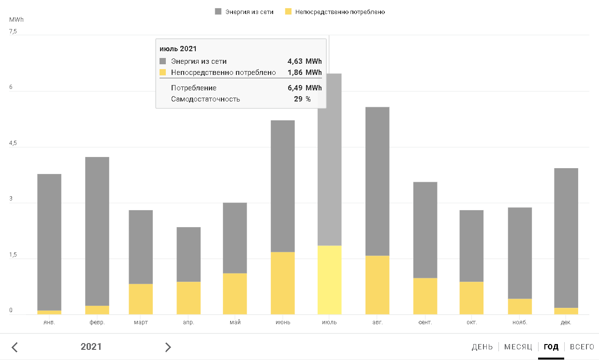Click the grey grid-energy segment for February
pos(97,231)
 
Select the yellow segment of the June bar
pos(283,283)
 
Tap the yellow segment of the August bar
pos(378,285)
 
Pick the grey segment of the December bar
pos(566,238)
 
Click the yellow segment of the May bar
pos(235,294)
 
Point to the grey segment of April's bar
pos(189,254)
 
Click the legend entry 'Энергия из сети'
pos(244,12)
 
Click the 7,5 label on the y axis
pos(13,31)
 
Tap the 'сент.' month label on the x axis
pos(425,322)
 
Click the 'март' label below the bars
pos(141,322)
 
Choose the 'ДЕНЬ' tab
pos(482,347)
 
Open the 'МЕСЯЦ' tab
pos(519,347)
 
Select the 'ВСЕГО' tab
pos(582,347)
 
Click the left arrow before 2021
pos(15,347)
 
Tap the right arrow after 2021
pos(168,347)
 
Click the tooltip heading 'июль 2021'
pos(178,49)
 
